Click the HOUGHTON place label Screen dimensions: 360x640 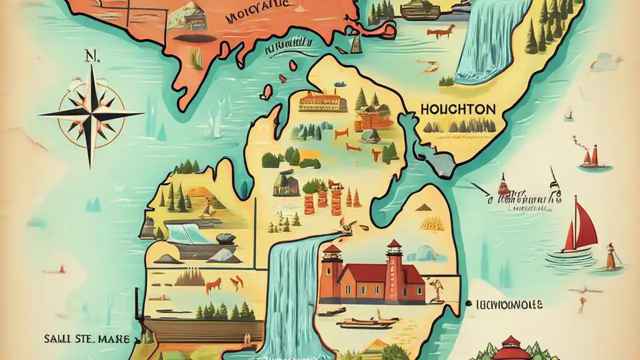(458, 109)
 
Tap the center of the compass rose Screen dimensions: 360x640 (92, 114)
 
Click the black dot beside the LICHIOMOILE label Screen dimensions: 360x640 (469, 303)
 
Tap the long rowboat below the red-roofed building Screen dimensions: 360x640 (365, 323)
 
